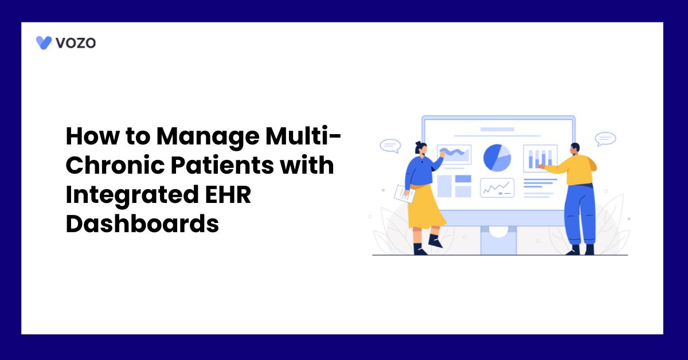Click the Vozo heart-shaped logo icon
[44, 42]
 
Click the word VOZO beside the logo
[76, 42]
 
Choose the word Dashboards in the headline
[142, 224]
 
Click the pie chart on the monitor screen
[497, 157]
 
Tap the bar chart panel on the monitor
[540, 158]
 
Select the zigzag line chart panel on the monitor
[497, 187]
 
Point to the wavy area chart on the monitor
[454, 154]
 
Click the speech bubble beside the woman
[390, 146]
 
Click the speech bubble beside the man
[605, 139]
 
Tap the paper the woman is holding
[404, 193]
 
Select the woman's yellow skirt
[425, 206]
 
